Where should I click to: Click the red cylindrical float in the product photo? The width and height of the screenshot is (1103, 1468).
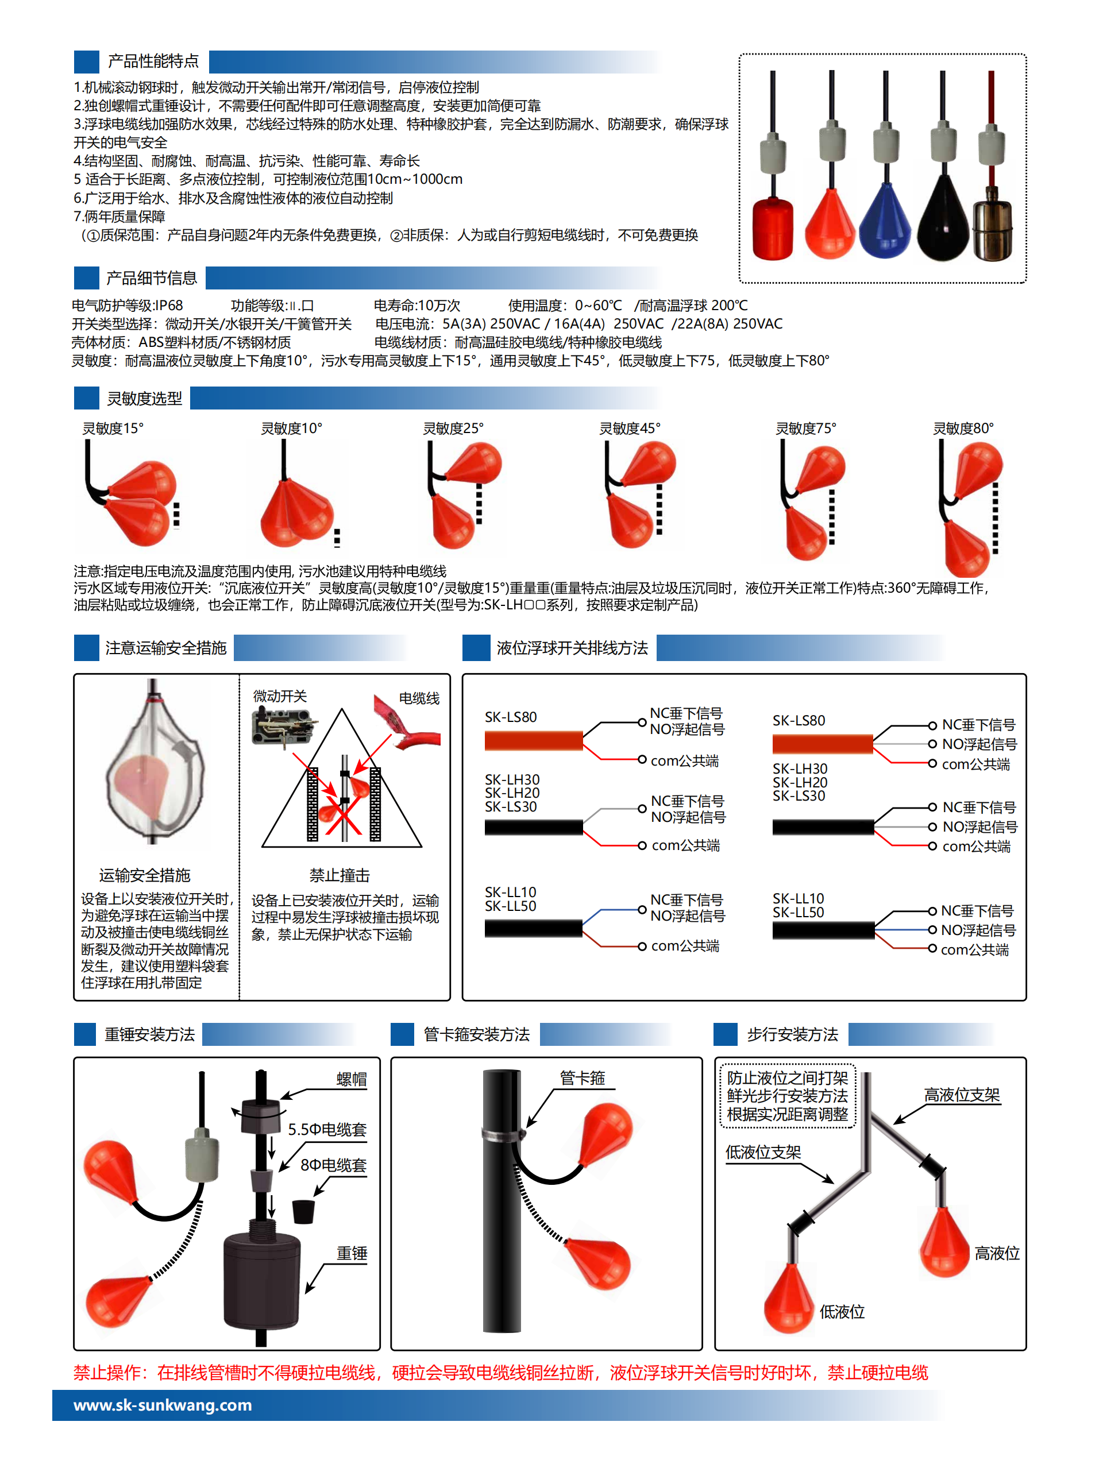click(x=773, y=227)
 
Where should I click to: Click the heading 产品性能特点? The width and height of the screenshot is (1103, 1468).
click(x=153, y=61)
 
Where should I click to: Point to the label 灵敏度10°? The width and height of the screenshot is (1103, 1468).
click(x=291, y=428)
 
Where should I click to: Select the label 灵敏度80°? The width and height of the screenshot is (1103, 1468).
click(x=963, y=428)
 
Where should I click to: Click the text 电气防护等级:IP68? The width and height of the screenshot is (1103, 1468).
click(x=128, y=306)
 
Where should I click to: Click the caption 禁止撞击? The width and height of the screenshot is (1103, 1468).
click(x=339, y=875)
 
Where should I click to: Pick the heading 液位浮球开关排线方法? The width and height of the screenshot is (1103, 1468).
click(x=572, y=648)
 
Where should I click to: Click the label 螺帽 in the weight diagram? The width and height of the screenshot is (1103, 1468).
click(x=352, y=1080)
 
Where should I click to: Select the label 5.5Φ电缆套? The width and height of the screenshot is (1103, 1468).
click(x=327, y=1130)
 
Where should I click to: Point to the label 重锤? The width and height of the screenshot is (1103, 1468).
click(x=352, y=1253)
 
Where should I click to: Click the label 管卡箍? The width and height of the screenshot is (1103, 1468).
click(x=582, y=1079)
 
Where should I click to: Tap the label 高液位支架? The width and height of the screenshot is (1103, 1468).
click(x=962, y=1095)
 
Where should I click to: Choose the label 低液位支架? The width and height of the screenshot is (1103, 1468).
click(x=763, y=1152)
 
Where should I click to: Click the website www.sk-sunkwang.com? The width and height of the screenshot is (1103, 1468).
click(x=163, y=1405)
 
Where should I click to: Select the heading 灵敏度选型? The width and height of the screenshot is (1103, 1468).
click(x=145, y=399)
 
